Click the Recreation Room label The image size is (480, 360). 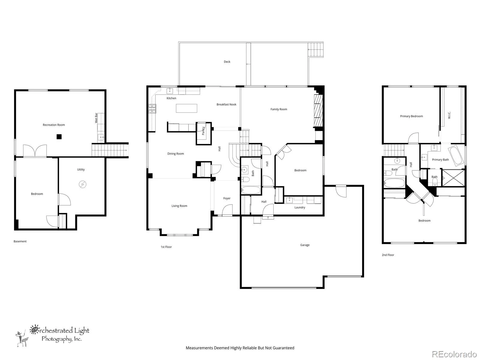point(54,125)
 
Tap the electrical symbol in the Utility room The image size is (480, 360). point(82,184)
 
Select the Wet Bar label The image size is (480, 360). point(96,118)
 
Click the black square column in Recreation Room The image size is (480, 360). point(59,136)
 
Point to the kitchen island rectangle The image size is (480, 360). point(186,108)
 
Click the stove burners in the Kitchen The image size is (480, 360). point(152,109)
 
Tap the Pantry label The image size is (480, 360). point(203,131)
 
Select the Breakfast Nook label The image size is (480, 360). point(226,104)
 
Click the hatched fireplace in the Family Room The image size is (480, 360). point(318,111)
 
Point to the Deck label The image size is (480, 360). point(227,61)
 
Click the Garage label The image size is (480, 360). point(305,245)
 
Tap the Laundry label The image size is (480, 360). point(300,207)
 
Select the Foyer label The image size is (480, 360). point(227,198)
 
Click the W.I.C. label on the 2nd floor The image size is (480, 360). point(449,115)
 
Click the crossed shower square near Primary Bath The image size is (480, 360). point(453,178)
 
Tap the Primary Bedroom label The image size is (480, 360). point(411,116)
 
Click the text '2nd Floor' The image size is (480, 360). point(388,255)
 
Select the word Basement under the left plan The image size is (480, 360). point(20,241)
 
